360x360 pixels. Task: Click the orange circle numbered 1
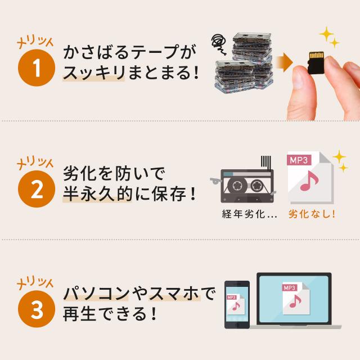pyautogui.click(x=37, y=67)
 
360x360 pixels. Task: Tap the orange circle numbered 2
pyautogui.click(x=37, y=189)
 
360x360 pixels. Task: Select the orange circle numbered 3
pyautogui.click(x=37, y=309)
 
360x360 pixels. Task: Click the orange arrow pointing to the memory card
pyautogui.click(x=284, y=62)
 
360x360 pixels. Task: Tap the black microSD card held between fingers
pyautogui.click(x=316, y=62)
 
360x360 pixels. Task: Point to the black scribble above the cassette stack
pyautogui.click(x=219, y=44)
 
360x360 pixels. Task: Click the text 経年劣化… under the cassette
pyautogui.click(x=250, y=214)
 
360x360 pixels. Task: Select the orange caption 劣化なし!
pyautogui.click(x=312, y=214)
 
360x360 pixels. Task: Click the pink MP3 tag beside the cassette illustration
pyautogui.click(x=299, y=160)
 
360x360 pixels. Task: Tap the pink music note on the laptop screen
pyautogui.click(x=295, y=301)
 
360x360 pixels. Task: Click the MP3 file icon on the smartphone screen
pyautogui.click(x=236, y=305)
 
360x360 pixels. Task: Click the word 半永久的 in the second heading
pyautogui.click(x=97, y=194)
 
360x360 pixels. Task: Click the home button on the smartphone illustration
pyautogui.click(x=237, y=325)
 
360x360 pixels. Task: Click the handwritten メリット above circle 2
pyautogui.click(x=35, y=163)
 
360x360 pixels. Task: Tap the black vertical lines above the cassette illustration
pyautogui.click(x=265, y=163)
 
